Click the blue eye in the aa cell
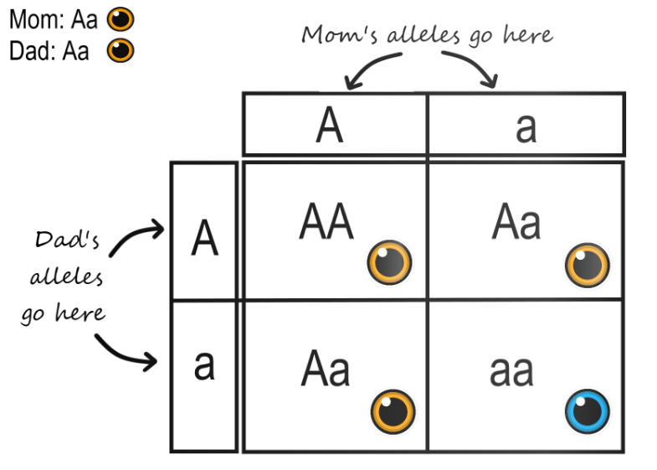[587, 411]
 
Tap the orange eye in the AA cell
[390, 263]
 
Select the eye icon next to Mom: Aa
[121, 18]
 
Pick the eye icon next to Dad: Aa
[121, 51]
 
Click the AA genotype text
[326, 223]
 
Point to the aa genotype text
[511, 371]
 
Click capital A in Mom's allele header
[331, 126]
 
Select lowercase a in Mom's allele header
[526, 127]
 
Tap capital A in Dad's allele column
[204, 239]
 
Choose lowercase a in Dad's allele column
[204, 365]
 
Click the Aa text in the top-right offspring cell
[516, 223]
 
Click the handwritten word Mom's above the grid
[335, 35]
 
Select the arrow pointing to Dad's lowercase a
[126, 352]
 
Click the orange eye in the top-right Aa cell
[587, 265]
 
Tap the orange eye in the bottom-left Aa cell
[393, 411]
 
